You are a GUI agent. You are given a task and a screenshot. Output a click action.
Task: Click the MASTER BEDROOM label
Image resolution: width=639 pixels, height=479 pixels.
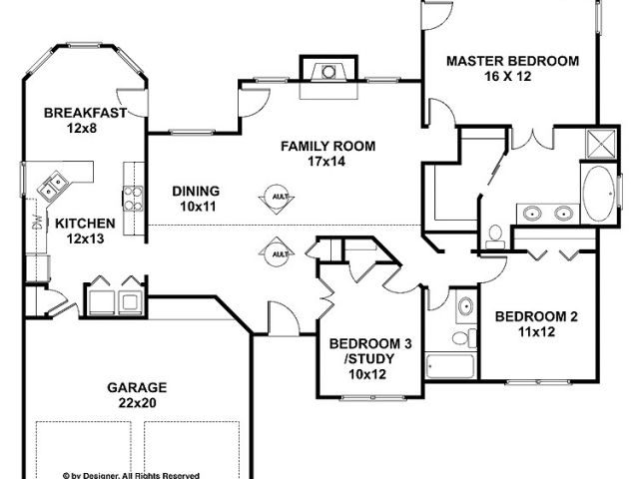(511, 61)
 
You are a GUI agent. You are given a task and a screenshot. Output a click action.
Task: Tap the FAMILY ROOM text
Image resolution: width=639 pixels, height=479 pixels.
(327, 146)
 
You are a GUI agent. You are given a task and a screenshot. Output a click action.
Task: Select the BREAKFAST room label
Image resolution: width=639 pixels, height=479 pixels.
(85, 113)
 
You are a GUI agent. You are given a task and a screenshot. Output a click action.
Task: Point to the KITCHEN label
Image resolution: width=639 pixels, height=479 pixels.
(85, 224)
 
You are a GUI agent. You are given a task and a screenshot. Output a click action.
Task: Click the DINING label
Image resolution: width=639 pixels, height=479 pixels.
(196, 191)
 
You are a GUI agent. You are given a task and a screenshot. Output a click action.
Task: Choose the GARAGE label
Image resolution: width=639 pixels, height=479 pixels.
(137, 387)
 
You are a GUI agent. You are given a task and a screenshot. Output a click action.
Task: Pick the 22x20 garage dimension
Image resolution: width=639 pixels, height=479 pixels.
(137, 403)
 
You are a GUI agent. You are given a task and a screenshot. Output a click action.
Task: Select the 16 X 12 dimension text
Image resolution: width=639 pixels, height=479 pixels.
(511, 77)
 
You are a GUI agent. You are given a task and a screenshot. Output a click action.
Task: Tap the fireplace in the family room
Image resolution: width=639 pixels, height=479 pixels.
(323, 73)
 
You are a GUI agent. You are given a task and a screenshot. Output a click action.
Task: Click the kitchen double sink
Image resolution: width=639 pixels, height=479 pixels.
(53, 184)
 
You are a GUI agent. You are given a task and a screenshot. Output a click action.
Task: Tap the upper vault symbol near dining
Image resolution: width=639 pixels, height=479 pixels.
(280, 198)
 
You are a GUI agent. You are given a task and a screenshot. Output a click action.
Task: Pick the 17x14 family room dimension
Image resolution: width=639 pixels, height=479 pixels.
(327, 162)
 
